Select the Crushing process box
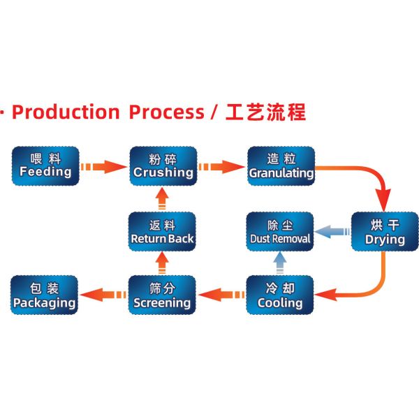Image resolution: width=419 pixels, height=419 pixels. click(163, 166)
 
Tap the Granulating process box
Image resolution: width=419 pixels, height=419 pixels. click(281, 166)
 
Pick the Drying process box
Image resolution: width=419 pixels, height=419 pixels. click(385, 232)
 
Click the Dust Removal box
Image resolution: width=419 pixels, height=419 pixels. click(281, 232)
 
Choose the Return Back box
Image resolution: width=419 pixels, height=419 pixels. click(163, 232)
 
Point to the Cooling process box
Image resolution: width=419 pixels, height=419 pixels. click(281, 295)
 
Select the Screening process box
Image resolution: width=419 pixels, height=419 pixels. click(163, 295)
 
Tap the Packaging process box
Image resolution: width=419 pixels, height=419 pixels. click(45, 295)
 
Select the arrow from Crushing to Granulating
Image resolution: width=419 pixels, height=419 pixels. click(221, 167)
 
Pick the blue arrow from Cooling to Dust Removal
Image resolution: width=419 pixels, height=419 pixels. click(280, 263)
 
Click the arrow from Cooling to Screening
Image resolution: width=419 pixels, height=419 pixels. click(221, 295)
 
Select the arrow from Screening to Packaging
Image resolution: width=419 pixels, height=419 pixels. click(103, 295)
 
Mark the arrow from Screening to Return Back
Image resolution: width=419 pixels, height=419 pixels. click(163, 263)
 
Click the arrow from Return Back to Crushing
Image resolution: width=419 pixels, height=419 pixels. click(163, 200)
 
